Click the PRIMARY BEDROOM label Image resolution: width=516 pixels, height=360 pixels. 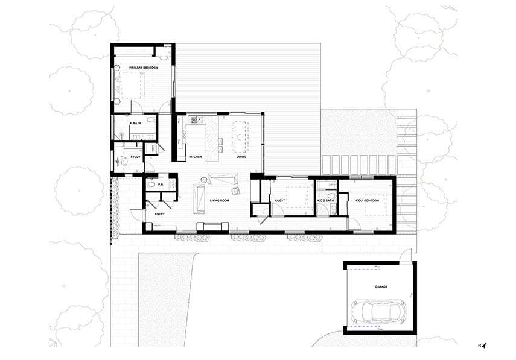point(144,68)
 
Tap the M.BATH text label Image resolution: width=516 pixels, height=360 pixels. point(136,123)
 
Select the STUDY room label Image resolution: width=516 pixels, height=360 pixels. point(136,157)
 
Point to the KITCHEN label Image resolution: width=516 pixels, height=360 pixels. point(195,157)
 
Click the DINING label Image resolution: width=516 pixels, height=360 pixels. point(241,157)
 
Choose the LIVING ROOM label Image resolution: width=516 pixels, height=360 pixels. point(220,201)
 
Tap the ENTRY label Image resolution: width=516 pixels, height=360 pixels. point(159,214)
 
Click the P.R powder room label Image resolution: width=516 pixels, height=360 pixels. point(161,185)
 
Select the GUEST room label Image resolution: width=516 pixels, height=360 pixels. point(280,201)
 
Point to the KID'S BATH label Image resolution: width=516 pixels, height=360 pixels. point(325,201)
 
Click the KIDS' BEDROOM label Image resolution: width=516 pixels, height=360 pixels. point(368,201)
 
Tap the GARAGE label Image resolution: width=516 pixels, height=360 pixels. point(381,286)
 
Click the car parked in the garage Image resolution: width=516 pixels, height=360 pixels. point(378,311)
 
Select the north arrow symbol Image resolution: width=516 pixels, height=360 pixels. point(485,345)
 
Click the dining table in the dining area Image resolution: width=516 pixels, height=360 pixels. point(240,137)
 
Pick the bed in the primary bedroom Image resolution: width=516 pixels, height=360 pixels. point(132,85)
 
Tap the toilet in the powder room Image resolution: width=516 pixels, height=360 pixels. point(151,185)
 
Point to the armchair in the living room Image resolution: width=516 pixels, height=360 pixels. point(236,191)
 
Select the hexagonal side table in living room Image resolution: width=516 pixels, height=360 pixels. point(205,180)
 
